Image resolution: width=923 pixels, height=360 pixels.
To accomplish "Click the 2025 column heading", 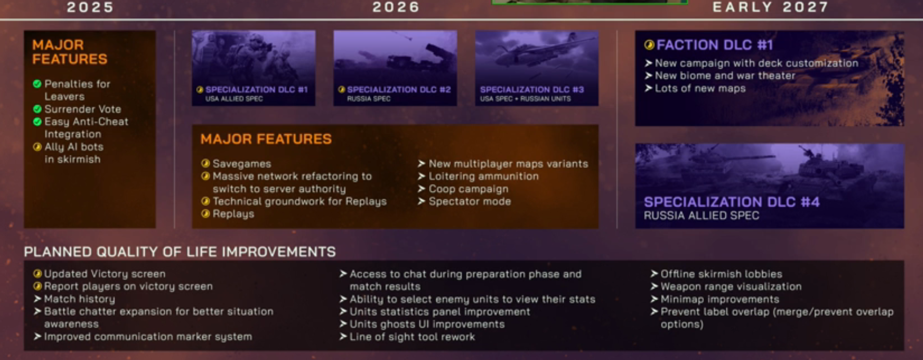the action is tap(90, 7).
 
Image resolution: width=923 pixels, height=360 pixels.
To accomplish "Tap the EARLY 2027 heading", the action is tap(770, 7).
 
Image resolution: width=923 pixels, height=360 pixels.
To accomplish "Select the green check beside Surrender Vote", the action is tap(37, 109).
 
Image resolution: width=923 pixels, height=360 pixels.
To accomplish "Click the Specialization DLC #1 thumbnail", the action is tap(254, 68).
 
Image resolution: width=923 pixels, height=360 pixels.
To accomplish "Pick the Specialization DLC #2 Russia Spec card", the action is tap(395, 68).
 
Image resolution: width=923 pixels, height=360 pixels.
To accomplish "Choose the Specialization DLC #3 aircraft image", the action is tap(537, 68).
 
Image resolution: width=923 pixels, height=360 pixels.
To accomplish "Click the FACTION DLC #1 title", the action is tap(714, 45).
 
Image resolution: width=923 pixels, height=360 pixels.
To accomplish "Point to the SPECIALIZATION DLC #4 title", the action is tap(732, 202).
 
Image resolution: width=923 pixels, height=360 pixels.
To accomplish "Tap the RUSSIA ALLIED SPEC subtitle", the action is tap(701, 215).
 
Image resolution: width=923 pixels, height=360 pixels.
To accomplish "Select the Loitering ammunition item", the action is tap(484, 176).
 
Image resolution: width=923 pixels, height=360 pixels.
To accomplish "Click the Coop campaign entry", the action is tap(469, 189).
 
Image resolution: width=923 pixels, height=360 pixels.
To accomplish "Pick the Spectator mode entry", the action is tap(470, 201).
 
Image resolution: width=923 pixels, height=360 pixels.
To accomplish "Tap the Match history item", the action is tap(80, 299).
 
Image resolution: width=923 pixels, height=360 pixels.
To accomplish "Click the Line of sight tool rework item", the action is tap(412, 337).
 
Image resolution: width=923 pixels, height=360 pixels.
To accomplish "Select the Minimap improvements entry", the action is tap(720, 299).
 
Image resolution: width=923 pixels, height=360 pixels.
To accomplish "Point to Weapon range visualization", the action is tap(731, 287).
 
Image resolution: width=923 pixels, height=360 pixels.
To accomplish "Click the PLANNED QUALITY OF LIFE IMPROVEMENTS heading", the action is tap(180, 252).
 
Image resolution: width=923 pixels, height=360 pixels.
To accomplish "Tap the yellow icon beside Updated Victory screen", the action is tap(37, 274).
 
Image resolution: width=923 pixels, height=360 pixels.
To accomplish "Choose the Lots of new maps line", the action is tap(700, 88).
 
